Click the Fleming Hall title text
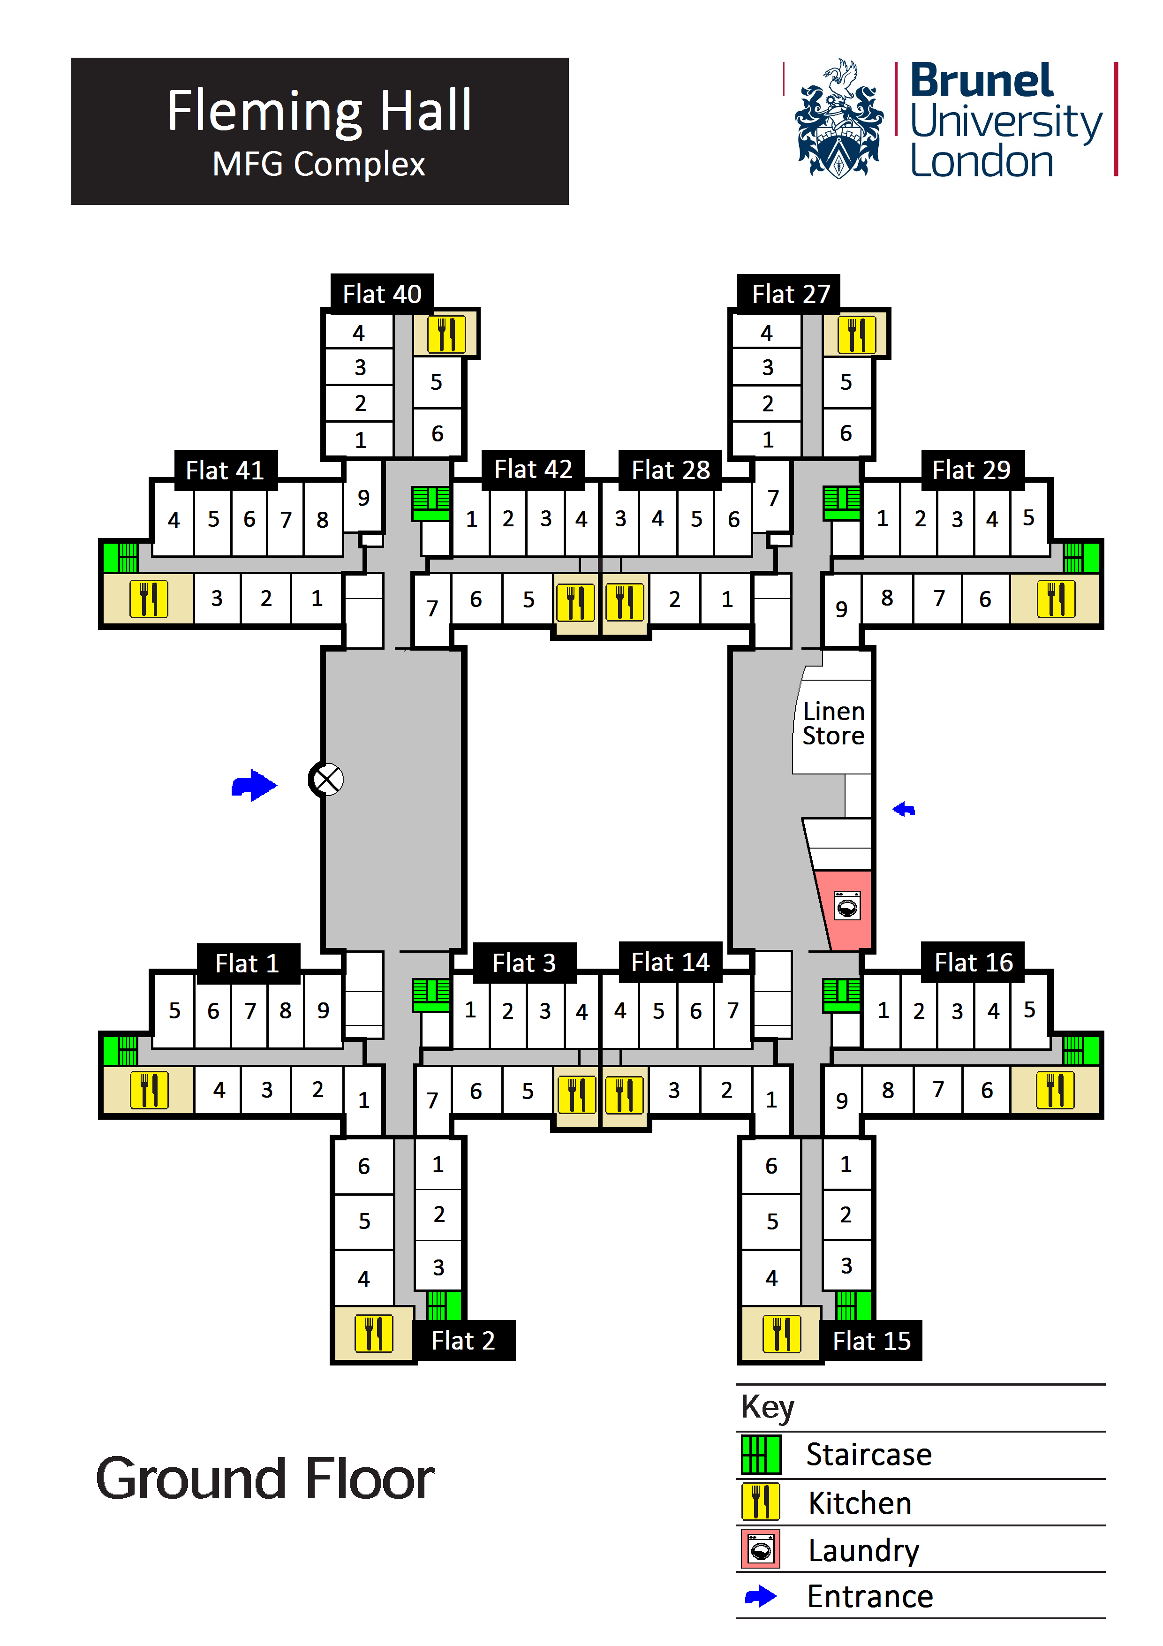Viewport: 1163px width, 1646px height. (x=319, y=111)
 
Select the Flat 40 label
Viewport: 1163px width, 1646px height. (x=382, y=294)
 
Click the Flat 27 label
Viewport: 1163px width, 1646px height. (x=790, y=294)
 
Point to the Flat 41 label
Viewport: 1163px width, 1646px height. (x=225, y=470)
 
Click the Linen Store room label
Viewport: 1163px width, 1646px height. (x=833, y=723)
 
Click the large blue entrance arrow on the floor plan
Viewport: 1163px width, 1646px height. (x=254, y=786)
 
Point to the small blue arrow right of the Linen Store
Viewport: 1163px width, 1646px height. (x=904, y=809)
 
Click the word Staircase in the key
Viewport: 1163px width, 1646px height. (x=868, y=1454)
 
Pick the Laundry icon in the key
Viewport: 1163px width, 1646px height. (x=760, y=1550)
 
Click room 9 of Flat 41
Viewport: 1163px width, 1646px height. (x=363, y=498)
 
